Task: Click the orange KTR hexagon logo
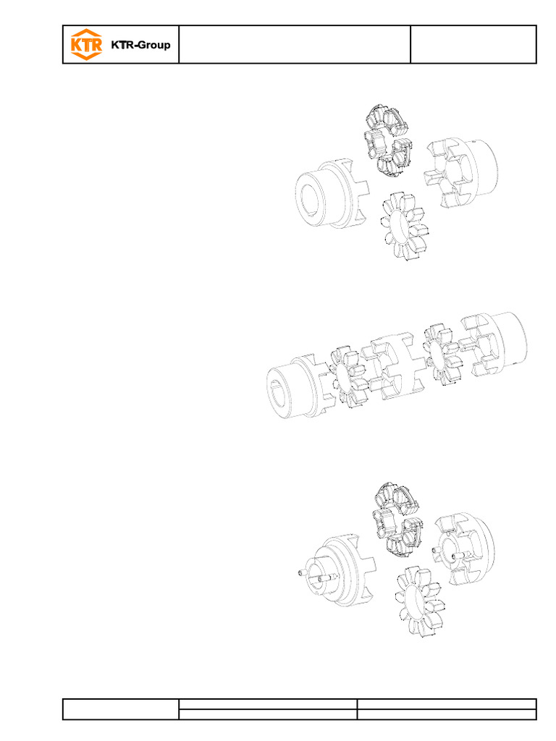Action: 85,45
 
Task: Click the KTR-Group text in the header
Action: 140,46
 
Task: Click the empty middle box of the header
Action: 294,45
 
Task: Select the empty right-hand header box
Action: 473,45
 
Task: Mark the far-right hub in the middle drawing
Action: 496,344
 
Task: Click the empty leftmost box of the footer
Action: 121,708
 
